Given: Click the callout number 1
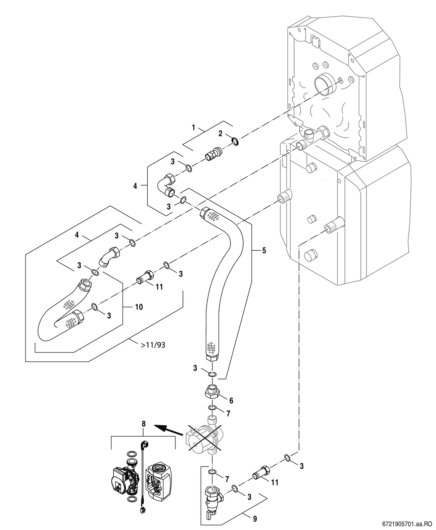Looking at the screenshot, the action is click(193, 128).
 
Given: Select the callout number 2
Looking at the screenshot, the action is click(220, 133).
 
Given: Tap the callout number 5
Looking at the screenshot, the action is click(264, 250).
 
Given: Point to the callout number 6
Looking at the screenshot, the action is click(231, 400).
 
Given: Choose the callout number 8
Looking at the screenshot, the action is click(143, 424).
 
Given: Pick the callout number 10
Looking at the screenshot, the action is click(139, 307).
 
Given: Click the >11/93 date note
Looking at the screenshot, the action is click(153, 345).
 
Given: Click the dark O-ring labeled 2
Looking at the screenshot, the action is click(235, 141).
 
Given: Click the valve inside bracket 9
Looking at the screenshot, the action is click(213, 499).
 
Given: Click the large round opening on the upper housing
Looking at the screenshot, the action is click(325, 84).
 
